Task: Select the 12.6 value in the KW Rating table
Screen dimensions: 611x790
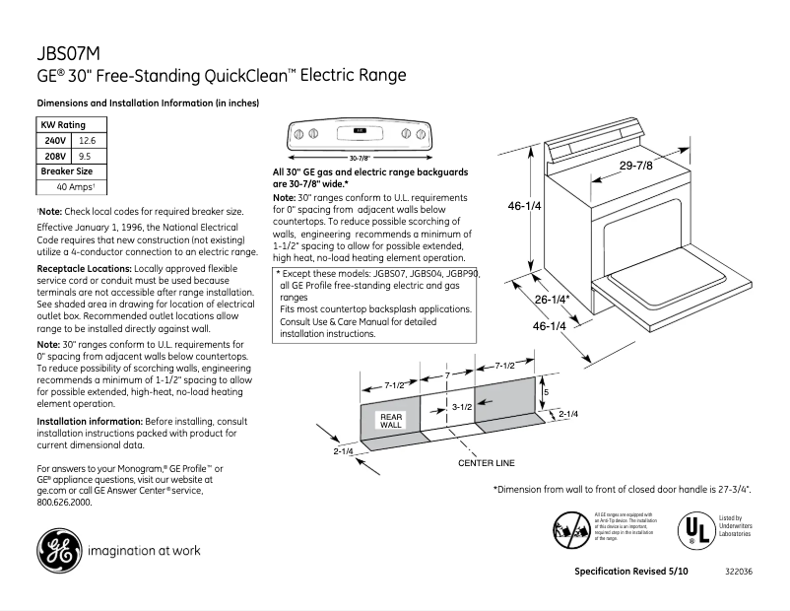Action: (x=87, y=141)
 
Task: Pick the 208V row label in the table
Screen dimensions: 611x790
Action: (x=55, y=156)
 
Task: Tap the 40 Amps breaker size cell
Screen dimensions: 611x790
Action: (x=75, y=186)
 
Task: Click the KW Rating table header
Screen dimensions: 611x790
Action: (x=62, y=125)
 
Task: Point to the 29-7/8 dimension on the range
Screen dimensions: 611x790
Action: (x=635, y=166)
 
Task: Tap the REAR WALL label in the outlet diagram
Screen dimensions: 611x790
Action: (x=391, y=420)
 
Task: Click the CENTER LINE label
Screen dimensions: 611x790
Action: (x=487, y=462)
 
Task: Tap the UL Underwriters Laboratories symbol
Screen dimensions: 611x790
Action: (x=695, y=530)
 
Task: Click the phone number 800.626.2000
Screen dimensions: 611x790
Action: (x=64, y=502)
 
